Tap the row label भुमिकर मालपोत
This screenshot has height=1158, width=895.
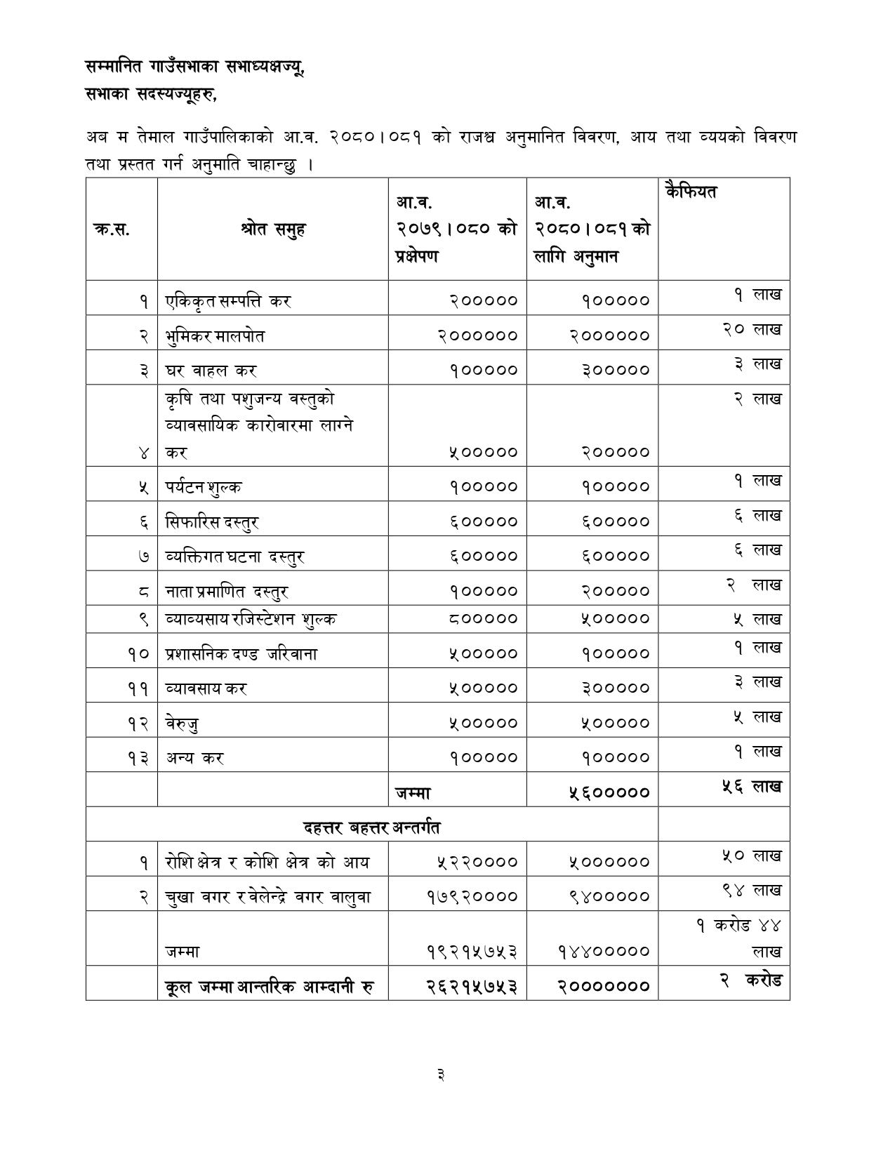point(215,335)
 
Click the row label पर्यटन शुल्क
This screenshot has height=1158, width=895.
point(204,486)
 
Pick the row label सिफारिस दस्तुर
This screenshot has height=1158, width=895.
point(212,521)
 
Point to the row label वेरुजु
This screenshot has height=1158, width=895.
point(182,723)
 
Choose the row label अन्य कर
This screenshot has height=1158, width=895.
point(194,758)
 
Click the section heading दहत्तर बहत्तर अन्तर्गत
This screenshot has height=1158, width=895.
point(372,827)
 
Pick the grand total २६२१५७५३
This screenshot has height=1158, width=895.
point(472,986)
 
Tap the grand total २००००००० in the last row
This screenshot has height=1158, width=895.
point(604,986)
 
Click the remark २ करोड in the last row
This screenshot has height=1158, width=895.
point(750,980)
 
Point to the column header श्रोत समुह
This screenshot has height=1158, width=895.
point(272,229)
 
